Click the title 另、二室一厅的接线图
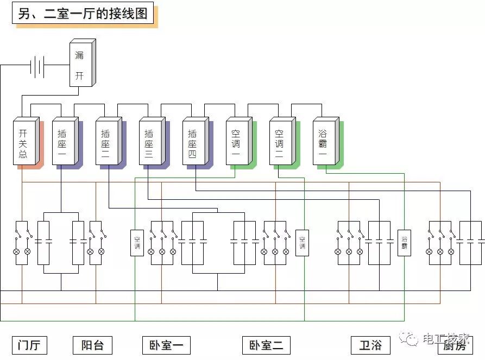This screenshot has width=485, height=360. click(83, 14)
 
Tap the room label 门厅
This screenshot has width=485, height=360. click(30, 345)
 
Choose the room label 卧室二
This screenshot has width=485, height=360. click(266, 345)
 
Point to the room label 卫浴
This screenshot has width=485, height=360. click(371, 345)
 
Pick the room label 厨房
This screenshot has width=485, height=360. click(456, 345)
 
